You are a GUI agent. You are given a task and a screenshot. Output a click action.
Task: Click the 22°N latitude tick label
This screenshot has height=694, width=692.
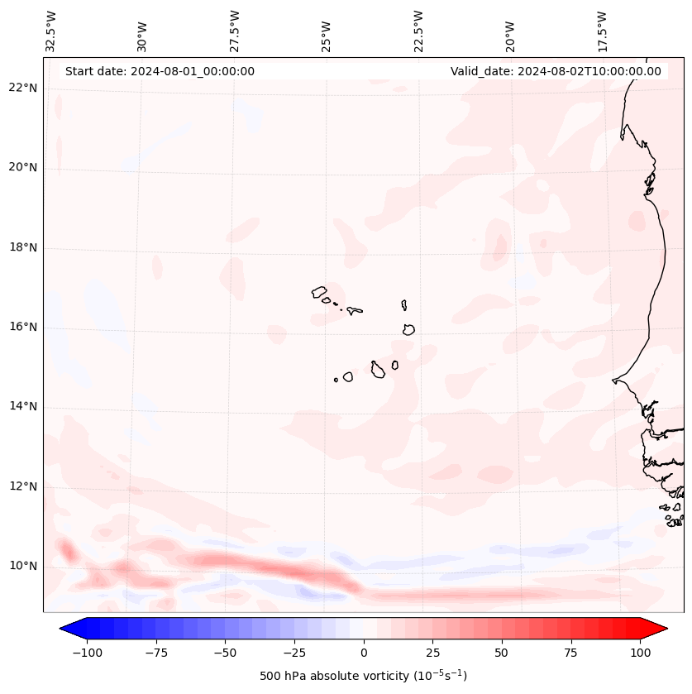23,89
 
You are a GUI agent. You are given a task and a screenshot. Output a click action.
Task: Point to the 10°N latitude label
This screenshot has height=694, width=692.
23,567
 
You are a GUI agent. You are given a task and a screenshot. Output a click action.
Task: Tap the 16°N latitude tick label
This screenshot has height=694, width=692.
23,328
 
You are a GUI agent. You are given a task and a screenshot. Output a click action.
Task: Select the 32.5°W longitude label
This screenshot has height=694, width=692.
51,31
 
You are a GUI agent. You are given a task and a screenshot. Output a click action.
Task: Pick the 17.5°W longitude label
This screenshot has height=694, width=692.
602,31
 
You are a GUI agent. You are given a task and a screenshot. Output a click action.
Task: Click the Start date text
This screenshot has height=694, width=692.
160,71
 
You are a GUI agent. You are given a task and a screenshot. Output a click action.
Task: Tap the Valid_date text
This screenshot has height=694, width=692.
556,71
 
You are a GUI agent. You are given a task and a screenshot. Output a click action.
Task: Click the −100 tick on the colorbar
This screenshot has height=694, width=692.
87,653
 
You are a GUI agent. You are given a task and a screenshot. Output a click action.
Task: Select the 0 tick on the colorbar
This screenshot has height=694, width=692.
363,653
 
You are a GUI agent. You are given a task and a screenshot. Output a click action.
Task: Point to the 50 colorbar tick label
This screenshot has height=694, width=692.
502,653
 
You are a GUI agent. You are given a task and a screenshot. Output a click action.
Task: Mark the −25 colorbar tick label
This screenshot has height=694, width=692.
294,653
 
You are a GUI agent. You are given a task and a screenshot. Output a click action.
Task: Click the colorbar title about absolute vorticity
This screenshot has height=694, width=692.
363,676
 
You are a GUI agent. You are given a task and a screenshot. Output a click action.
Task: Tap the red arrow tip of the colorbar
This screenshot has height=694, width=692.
659,629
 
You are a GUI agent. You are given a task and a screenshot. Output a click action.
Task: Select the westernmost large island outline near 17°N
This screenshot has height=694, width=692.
319,291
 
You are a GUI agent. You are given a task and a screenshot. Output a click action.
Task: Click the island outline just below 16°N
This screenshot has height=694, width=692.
408,329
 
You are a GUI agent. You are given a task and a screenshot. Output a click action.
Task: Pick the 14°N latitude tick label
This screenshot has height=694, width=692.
23,407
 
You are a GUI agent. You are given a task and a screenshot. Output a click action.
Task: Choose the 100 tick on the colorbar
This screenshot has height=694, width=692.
640,653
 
